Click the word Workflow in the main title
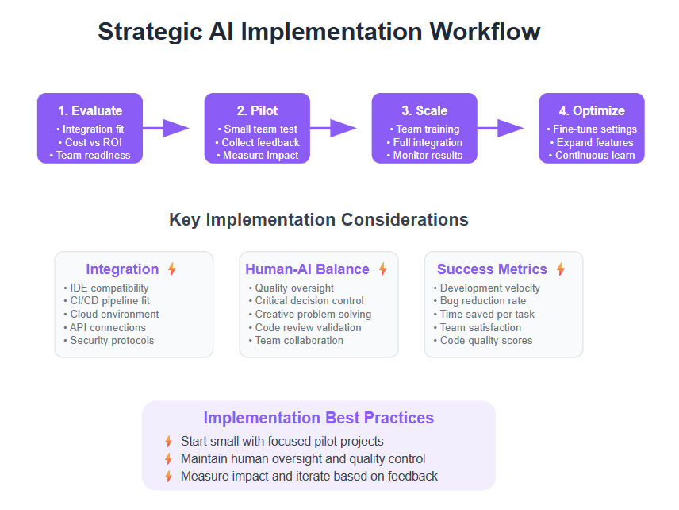point(485,32)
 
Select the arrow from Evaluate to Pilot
point(166,128)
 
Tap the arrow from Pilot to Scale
point(333,128)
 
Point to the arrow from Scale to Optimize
point(501,128)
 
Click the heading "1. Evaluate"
point(90,110)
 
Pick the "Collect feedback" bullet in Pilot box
point(257,142)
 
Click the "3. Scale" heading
point(424,110)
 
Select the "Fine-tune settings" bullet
point(592,129)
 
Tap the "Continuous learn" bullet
point(592,155)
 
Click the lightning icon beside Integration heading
point(172,269)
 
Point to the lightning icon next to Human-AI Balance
point(383,269)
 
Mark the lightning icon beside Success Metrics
point(561,269)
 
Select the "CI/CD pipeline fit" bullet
point(106,300)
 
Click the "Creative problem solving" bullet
point(310,314)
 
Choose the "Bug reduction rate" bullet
point(480,300)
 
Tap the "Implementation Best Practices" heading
point(319,418)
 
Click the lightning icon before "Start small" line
point(168,442)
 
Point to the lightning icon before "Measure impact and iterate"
point(168,476)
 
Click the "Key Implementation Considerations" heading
point(319,219)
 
